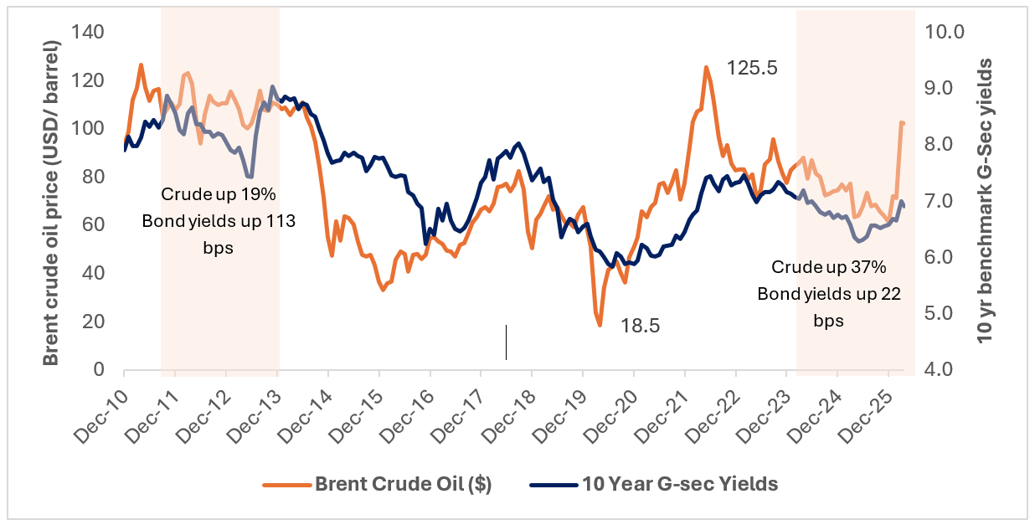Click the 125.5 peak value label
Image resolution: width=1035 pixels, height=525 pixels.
coord(752,69)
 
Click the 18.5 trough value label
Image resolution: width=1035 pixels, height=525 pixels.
coord(640,326)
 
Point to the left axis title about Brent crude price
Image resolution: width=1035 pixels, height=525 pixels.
coord(52,201)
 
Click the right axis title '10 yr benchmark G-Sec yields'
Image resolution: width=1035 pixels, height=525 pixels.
coord(986,201)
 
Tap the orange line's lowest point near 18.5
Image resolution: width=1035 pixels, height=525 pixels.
coord(600,325)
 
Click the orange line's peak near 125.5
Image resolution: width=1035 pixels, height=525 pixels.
coord(706,67)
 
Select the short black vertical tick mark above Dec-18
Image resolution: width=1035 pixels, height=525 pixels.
coord(506,342)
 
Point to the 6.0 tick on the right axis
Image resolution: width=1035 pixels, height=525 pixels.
coord(943,257)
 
